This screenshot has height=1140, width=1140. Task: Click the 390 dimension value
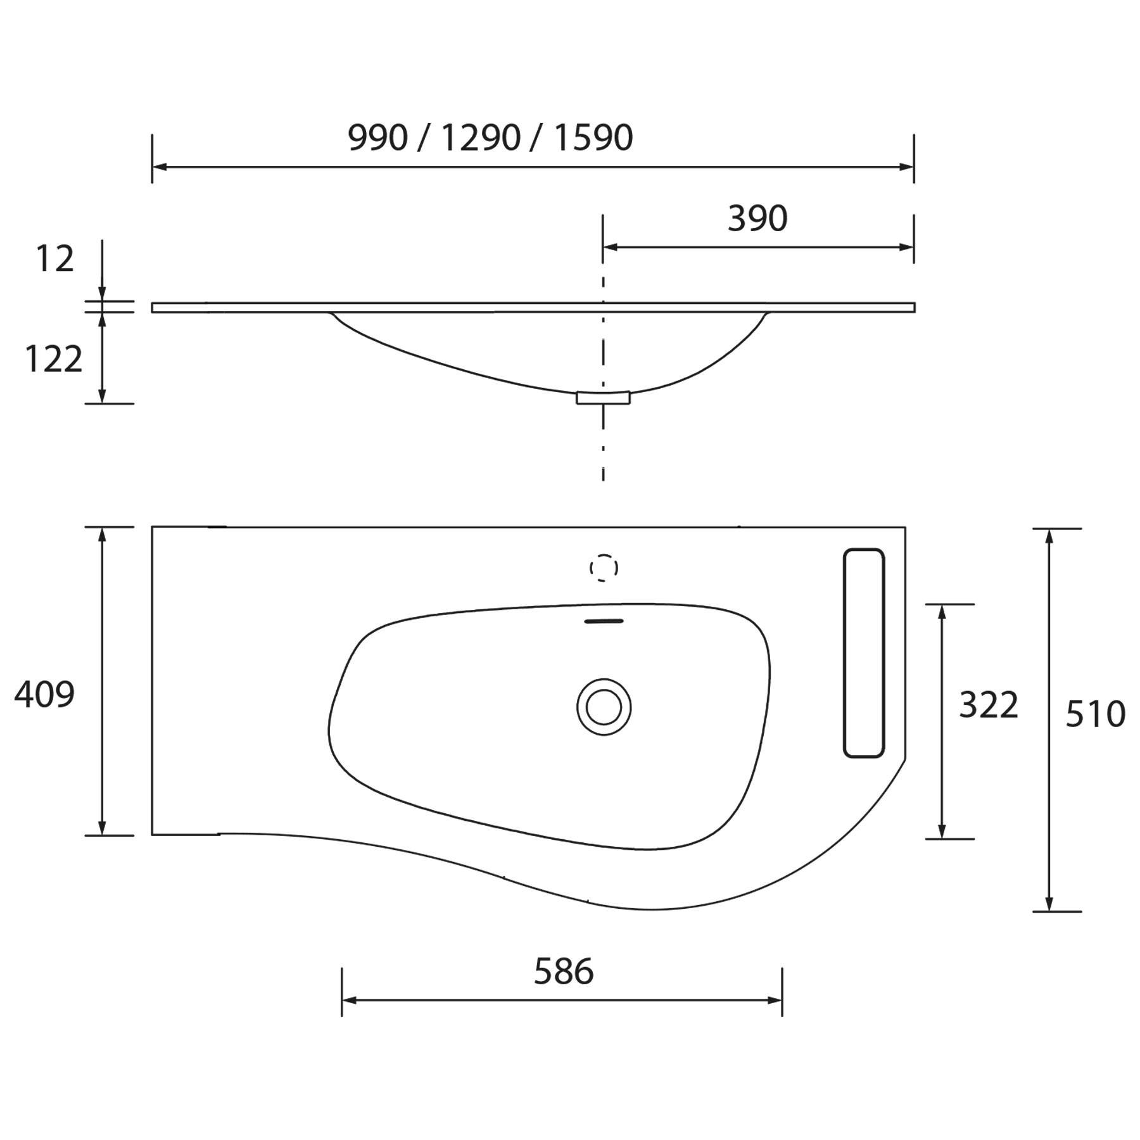pos(757,218)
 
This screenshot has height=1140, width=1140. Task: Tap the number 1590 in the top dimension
pos(593,137)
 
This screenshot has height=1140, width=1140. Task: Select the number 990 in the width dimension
pos(377,137)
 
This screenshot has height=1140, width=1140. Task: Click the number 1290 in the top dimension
pos(481,137)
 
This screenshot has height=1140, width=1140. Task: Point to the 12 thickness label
pos(54,259)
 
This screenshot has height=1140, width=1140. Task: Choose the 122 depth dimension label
pos(53,359)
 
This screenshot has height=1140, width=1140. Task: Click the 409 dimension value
pos(44,694)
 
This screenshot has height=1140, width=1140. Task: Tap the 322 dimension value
pos(988,705)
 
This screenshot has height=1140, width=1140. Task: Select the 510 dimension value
pos(1095,714)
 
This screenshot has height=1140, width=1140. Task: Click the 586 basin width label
pos(564,972)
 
